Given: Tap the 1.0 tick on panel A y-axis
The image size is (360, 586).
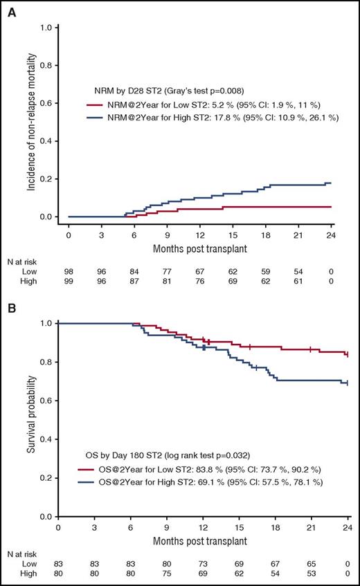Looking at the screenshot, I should (46, 28).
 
